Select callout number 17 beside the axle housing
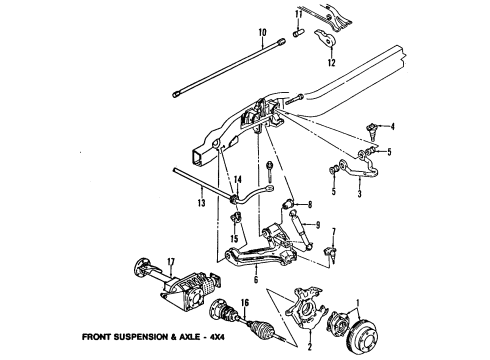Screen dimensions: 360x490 [x=143, y=265]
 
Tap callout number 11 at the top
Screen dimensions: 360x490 [x=297, y=14]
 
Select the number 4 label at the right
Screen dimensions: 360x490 [x=392, y=125]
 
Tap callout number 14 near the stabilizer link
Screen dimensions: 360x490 [x=238, y=180]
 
